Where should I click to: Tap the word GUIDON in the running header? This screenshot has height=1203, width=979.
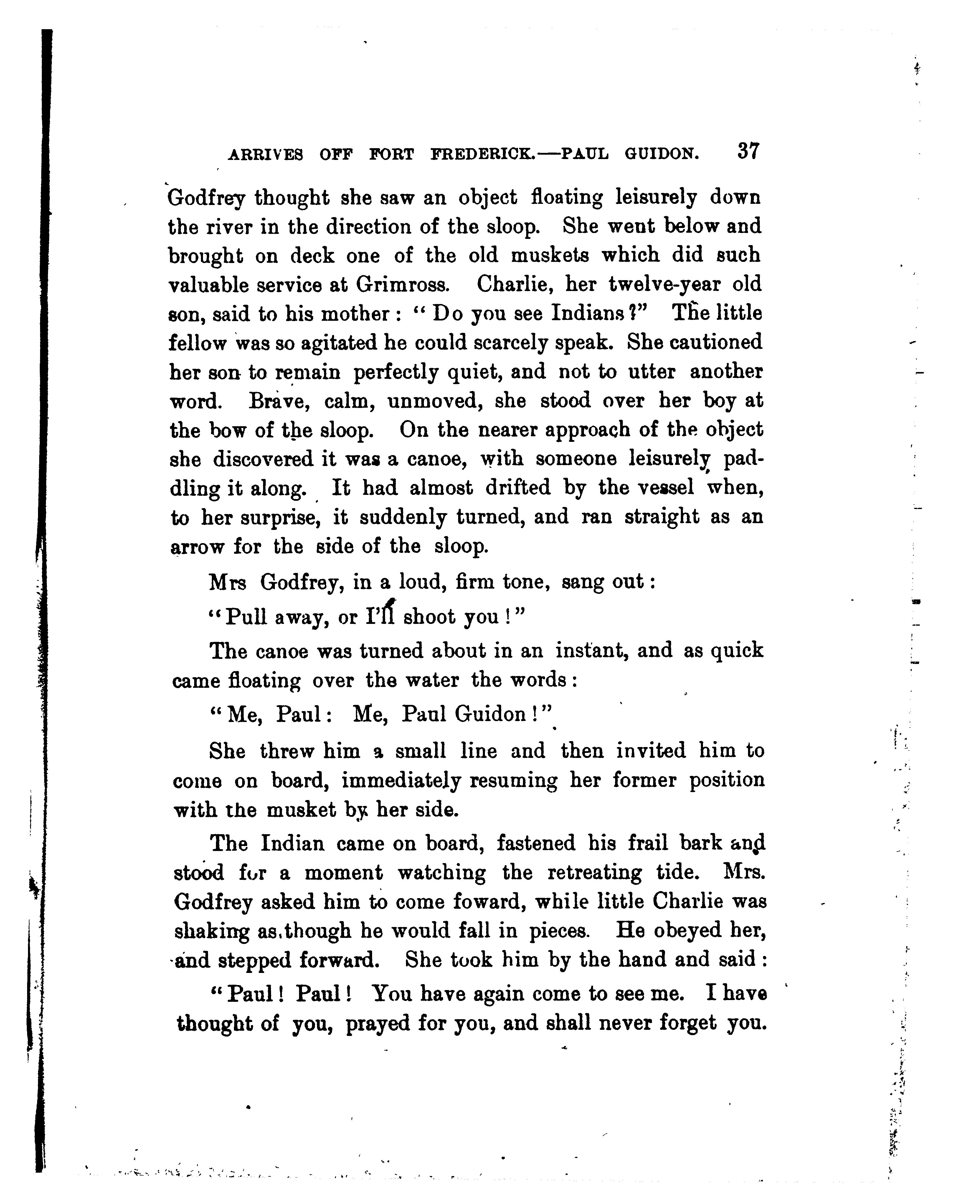(x=661, y=154)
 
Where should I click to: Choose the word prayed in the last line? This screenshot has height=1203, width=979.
(x=378, y=1023)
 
